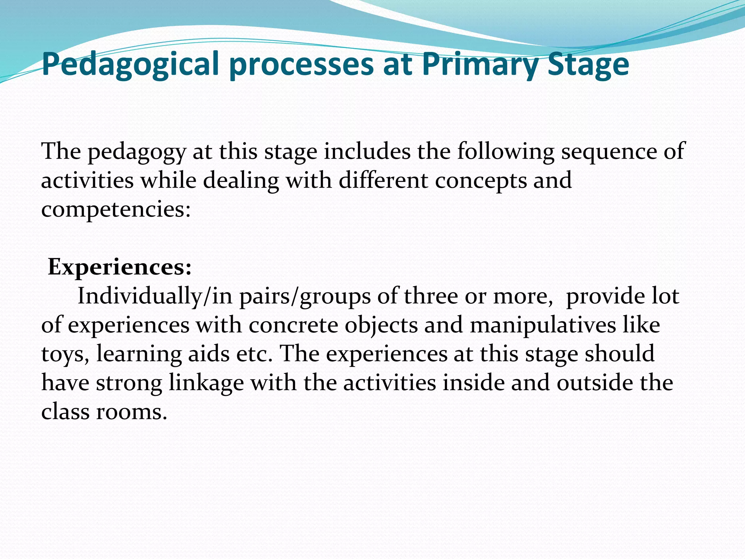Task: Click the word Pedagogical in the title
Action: [x=131, y=64]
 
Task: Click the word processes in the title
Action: [x=302, y=64]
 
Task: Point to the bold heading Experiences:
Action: [x=120, y=267]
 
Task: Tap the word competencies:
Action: [x=116, y=210]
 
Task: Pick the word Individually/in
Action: [x=155, y=296]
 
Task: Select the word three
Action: [x=431, y=296]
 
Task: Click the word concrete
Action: [x=294, y=325]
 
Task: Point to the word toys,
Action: [x=65, y=354]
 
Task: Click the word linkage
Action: [x=206, y=383]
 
